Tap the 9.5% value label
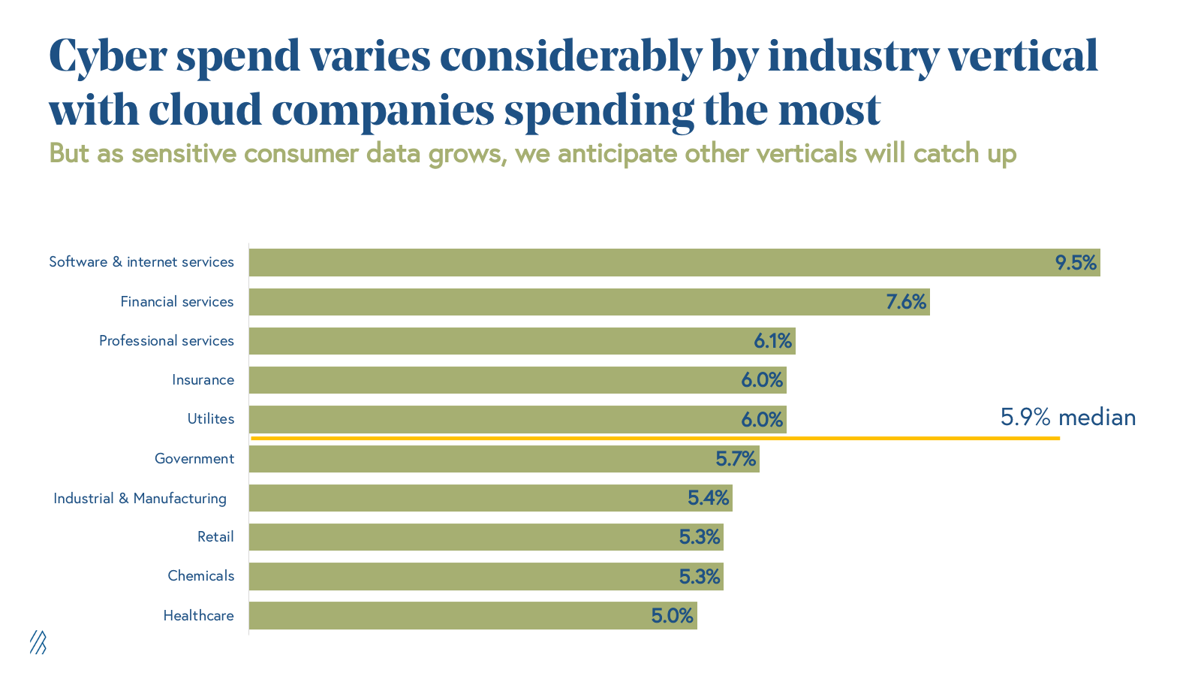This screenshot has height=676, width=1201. point(1076,263)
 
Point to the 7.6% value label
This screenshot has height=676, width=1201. point(906,302)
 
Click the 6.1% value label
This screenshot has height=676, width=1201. point(773,341)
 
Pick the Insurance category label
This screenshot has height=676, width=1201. point(203,380)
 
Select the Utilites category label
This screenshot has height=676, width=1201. point(211,419)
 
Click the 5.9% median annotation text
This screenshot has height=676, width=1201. point(1067,418)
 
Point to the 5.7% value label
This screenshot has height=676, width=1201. point(736,459)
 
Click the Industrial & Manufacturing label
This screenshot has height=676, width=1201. point(140,498)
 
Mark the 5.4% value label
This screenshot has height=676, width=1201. point(709,498)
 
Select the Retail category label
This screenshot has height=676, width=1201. point(215,537)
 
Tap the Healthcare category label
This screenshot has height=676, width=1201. point(198,616)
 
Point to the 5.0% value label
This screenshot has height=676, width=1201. point(672,616)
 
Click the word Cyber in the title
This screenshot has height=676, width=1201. point(107,57)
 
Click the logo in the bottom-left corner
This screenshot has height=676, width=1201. point(38,642)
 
